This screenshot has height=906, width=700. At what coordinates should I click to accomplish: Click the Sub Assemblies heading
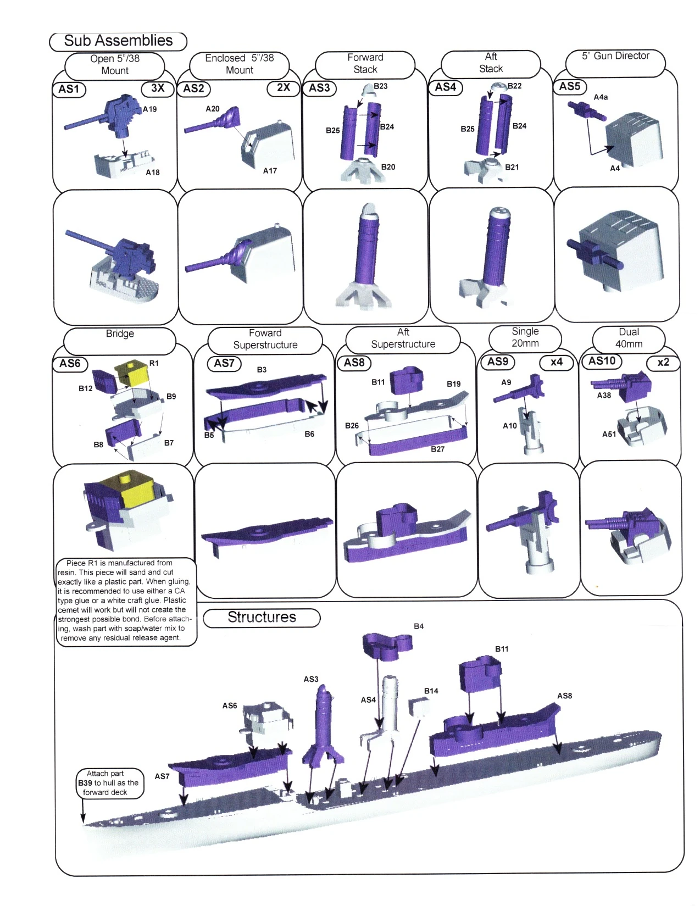118,41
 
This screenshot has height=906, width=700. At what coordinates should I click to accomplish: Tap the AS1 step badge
69,89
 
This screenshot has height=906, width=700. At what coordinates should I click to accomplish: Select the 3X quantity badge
158,88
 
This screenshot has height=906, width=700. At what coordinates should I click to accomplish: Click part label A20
213,109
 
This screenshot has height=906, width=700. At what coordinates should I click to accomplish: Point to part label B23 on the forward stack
381,86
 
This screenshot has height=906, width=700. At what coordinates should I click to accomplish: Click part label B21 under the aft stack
512,167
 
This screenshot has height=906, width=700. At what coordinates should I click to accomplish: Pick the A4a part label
601,97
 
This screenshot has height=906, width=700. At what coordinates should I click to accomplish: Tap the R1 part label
154,363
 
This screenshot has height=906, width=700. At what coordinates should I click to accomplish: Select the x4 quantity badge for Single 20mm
557,362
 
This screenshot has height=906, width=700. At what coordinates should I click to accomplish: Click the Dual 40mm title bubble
629,338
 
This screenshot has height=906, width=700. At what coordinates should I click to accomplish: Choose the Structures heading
262,617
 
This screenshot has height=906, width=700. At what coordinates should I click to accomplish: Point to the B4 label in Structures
419,626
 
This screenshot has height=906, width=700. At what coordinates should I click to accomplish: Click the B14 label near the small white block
431,691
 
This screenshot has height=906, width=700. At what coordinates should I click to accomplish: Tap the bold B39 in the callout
85,783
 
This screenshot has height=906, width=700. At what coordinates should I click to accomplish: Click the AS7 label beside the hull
162,776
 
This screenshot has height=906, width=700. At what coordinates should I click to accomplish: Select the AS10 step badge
602,361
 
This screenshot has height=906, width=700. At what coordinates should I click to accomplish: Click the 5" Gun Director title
615,56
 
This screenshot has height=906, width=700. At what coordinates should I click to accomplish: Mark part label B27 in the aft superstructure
438,449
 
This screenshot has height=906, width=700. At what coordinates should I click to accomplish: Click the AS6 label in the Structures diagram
229,705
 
